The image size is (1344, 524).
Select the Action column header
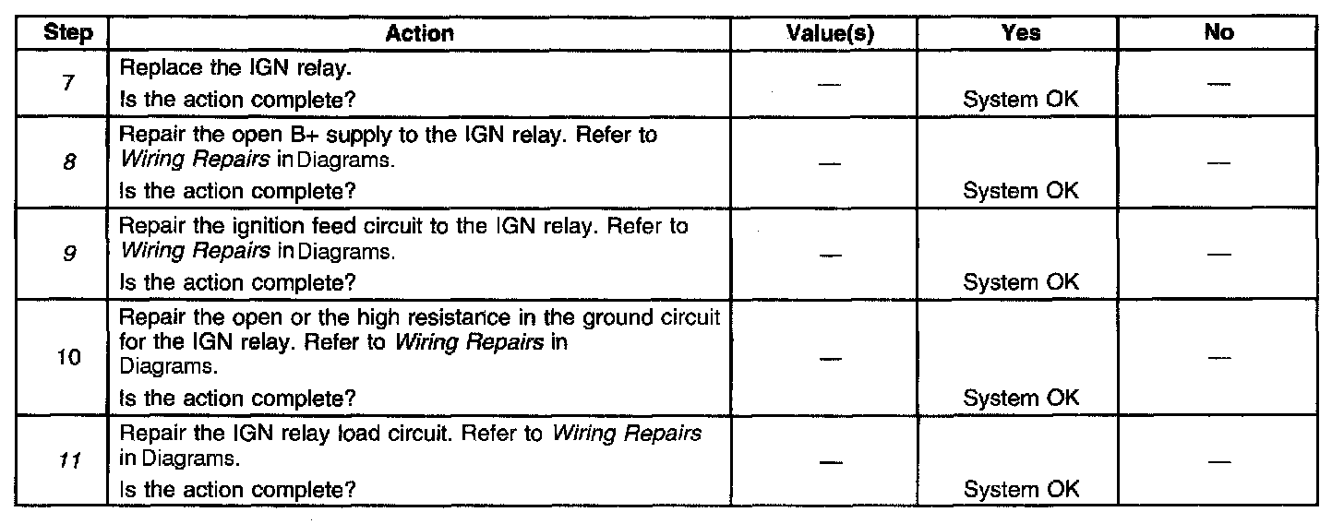tap(419, 34)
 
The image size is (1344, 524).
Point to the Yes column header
tap(1021, 34)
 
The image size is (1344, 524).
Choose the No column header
tap(1219, 34)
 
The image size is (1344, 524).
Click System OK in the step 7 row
tap(1020, 101)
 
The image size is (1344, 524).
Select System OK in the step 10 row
tap(1020, 399)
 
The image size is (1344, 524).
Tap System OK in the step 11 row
tap(1020, 489)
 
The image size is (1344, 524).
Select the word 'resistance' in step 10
tap(460, 318)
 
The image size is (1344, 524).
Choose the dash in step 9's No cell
tap(1219, 255)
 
